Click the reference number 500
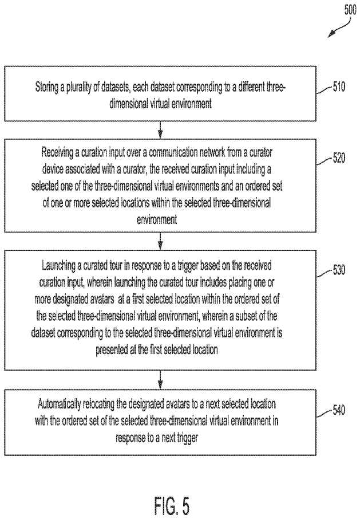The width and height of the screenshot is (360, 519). (350, 10)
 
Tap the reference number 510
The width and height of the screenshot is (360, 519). (339, 87)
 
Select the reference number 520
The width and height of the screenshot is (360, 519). (339, 158)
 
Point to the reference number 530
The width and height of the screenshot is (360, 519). (339, 270)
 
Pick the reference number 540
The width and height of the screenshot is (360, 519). (339, 410)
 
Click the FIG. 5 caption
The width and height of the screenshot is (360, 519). (172, 505)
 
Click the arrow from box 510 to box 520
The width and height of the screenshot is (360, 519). (160, 129)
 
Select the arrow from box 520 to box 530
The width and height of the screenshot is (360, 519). (160, 241)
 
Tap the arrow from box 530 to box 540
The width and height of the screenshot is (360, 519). (160, 380)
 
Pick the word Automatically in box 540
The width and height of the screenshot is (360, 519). (60, 404)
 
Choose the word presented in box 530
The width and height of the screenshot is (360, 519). (112, 350)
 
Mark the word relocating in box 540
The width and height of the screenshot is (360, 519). (99, 404)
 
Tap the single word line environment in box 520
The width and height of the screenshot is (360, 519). (157, 219)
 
